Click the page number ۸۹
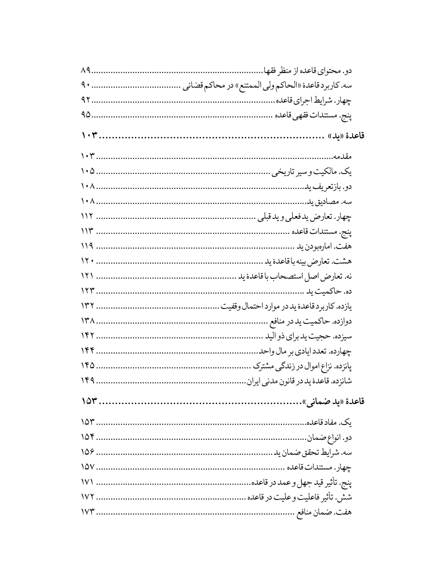click(x=85, y=71)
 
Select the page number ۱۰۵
click(x=88, y=172)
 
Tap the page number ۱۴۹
click(x=88, y=381)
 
